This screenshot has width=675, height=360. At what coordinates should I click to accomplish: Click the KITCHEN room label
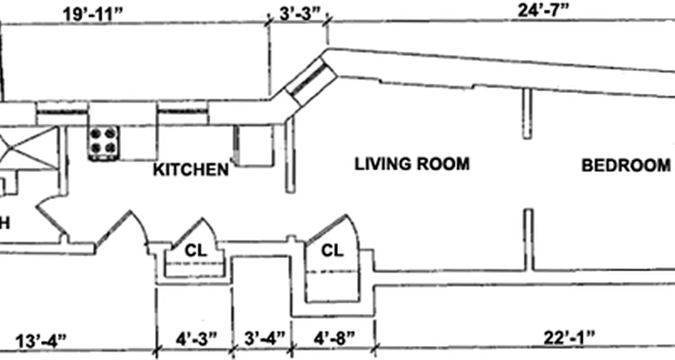191,170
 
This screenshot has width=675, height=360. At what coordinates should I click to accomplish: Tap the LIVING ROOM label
412,164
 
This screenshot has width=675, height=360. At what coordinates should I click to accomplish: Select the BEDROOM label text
626,166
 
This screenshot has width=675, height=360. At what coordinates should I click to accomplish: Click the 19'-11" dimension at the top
92,14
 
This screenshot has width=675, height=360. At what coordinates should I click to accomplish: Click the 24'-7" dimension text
544,10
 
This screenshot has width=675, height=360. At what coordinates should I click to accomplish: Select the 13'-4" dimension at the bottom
41,340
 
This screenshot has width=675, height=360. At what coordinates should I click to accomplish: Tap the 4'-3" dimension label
196,338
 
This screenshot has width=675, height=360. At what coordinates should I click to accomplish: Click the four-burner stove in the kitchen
104,143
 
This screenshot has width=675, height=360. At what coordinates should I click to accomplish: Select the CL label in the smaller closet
196,251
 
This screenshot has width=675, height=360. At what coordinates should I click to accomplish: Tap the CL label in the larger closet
332,251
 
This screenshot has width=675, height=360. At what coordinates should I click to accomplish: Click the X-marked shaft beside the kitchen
29,148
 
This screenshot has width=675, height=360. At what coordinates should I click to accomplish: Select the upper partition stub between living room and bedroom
527,113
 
